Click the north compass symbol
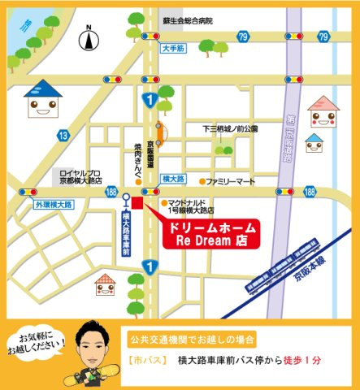[89, 38]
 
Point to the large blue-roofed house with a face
[44, 100]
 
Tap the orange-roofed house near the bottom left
[106, 284]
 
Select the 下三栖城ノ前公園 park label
[229, 129]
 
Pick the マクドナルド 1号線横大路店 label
[195, 206]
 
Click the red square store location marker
[137, 203]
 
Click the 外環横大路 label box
[54, 204]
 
